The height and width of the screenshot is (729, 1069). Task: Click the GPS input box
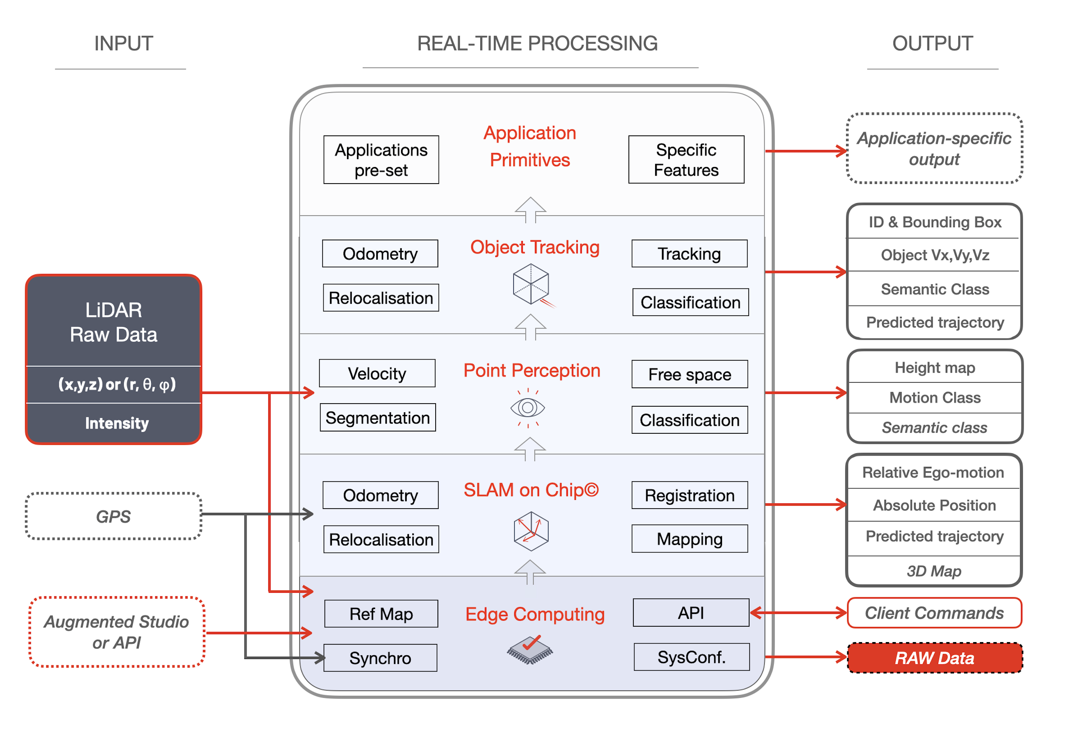[113, 516]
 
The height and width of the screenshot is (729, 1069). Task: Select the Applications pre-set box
[381, 160]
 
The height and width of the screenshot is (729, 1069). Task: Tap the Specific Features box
[686, 160]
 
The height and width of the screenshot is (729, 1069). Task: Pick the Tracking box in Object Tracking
[689, 254]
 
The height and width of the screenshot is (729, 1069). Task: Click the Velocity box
[377, 373]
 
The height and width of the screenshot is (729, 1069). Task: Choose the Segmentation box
[378, 418]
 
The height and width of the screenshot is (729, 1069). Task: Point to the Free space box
[689, 374]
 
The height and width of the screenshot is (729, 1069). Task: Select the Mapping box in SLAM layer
[689, 539]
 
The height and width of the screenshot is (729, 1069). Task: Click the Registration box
[689, 495]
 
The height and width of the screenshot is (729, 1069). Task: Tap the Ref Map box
[381, 614]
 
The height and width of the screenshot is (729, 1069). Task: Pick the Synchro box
[380, 658]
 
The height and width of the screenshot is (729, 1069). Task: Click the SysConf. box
[691, 657]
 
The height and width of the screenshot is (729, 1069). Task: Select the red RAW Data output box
[935, 658]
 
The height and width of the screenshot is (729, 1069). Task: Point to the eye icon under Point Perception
[528, 408]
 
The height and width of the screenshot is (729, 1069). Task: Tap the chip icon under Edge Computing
[530, 649]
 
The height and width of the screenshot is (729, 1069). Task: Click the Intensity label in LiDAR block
[117, 423]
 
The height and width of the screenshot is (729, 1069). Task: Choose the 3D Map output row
[934, 571]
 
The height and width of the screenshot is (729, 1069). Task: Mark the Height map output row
[935, 367]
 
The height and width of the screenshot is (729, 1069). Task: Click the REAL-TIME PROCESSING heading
[537, 43]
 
